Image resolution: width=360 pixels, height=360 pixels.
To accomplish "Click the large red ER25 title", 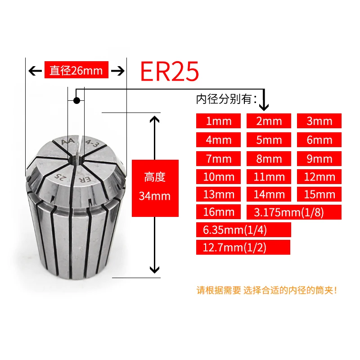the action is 170,71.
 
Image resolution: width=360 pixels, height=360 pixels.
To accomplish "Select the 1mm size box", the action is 218,121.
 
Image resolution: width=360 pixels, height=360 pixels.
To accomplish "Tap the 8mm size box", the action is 269,158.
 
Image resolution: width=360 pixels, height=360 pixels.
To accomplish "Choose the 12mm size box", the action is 319,176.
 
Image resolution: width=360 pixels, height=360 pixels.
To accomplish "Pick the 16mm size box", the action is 218,211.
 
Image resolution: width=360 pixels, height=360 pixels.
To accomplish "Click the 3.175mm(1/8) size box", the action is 294,212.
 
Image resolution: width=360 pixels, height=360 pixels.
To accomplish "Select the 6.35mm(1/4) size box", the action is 243,229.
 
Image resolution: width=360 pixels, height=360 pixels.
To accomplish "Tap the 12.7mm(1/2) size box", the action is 243,247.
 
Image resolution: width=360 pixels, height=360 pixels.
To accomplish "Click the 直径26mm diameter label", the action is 76,70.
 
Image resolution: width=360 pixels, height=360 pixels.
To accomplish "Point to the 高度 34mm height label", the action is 155,188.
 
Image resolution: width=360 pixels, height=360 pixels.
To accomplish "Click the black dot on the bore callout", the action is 76,100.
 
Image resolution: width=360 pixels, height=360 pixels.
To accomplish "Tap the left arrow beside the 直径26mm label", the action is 35,71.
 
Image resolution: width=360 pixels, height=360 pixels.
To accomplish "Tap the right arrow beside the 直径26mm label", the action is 118,71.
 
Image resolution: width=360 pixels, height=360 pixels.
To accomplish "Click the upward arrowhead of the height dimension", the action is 154,120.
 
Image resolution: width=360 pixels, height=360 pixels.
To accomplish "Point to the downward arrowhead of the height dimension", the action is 154,270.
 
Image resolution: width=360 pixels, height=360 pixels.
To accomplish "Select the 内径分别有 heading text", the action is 226,99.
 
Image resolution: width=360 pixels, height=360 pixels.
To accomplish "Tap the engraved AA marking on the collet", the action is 68,142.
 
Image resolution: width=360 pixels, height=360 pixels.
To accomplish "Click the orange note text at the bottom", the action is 267,290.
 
